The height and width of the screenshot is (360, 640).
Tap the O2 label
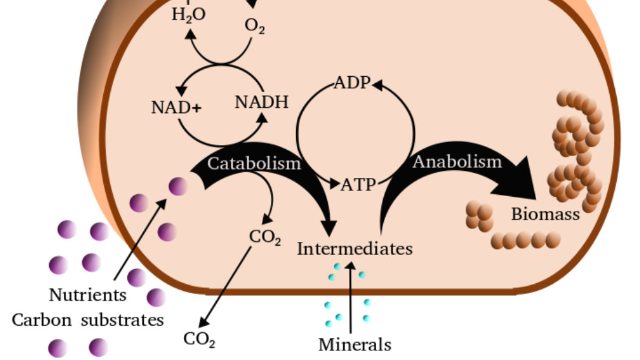tap(255, 26)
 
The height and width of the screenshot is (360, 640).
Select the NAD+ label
tap(176, 107)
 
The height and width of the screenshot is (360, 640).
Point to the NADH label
tap(261, 102)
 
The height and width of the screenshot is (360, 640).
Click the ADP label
tap(352, 83)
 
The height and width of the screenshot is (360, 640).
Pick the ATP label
tap(358, 185)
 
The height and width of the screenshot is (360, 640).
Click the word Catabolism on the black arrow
tap(254, 163)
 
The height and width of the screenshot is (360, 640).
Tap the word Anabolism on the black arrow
tap(457, 161)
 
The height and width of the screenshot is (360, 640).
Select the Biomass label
tap(545, 214)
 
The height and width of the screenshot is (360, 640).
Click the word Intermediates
tap(354, 248)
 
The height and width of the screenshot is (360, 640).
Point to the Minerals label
tap(355, 345)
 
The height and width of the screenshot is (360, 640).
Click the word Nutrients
tap(88, 295)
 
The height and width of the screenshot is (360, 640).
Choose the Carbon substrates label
tap(88, 319)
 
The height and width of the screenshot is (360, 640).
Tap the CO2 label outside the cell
tap(199, 339)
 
